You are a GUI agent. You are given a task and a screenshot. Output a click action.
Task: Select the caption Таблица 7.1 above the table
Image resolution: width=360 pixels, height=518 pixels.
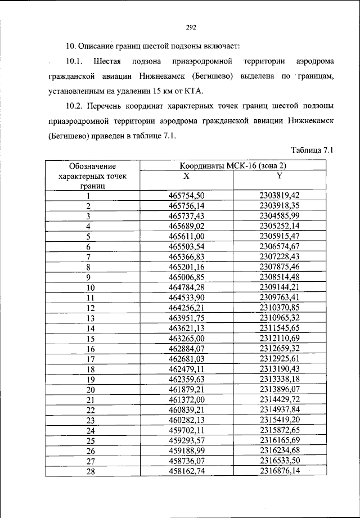313,150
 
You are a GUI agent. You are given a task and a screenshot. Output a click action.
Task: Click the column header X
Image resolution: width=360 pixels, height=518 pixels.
186,176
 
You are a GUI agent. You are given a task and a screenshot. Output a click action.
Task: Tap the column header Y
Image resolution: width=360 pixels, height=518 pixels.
278,176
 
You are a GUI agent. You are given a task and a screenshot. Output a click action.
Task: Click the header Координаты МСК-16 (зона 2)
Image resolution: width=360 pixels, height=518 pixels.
233,166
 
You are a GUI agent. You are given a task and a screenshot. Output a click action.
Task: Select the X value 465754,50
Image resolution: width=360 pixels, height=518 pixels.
186,195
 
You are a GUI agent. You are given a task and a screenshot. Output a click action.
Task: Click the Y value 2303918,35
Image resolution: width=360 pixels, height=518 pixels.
279,205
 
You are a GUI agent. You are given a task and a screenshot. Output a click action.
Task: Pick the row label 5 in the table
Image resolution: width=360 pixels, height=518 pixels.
89,236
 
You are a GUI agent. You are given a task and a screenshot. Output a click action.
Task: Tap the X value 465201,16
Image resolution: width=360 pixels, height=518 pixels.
186,267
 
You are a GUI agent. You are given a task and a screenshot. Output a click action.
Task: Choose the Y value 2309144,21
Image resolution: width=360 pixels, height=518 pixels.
279,287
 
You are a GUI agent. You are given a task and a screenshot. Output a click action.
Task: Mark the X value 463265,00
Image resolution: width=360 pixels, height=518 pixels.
186,338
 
